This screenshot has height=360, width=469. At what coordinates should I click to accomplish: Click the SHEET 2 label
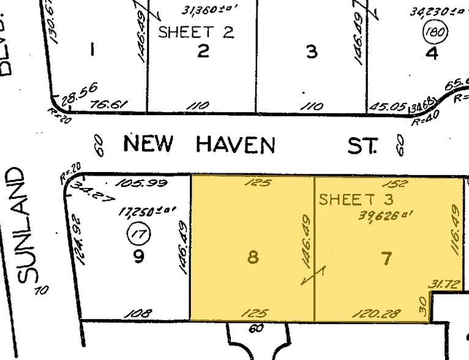coord(196,32)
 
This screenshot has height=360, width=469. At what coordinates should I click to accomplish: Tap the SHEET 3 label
coord(356,199)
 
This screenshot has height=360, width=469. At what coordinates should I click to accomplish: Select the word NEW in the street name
coord(149,144)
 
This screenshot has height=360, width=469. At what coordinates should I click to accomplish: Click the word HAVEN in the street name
coord(236,145)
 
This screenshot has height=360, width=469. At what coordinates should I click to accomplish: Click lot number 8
coord(252,257)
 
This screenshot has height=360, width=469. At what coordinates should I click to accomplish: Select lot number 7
coord(386,258)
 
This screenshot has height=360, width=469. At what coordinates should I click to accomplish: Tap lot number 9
coord(138,256)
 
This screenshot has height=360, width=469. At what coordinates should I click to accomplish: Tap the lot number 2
coord(203,51)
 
